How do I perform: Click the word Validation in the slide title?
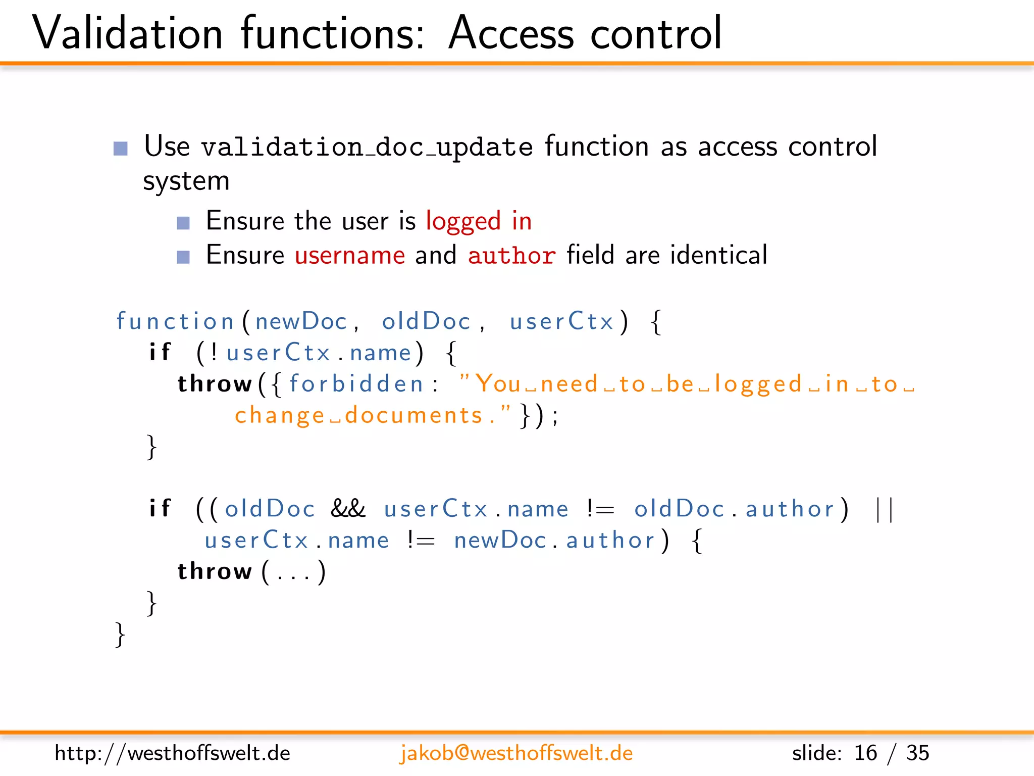(127, 33)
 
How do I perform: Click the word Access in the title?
(511, 33)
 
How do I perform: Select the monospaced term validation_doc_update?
(367, 148)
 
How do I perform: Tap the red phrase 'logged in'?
(479, 221)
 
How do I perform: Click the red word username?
(350, 255)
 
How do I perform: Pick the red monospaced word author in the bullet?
(511, 255)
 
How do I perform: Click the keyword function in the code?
(175, 321)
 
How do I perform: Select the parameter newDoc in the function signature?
(301, 321)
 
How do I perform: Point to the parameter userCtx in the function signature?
(561, 321)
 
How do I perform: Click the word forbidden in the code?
(356, 384)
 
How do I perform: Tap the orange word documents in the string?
(414, 415)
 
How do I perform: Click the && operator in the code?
(348, 509)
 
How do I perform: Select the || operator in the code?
(884, 509)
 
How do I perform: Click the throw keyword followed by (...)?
(215, 571)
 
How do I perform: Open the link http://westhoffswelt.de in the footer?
(172, 753)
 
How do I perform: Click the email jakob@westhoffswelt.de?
(516, 753)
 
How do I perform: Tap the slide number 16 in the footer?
(865, 753)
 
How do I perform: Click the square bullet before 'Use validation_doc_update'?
(121, 149)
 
